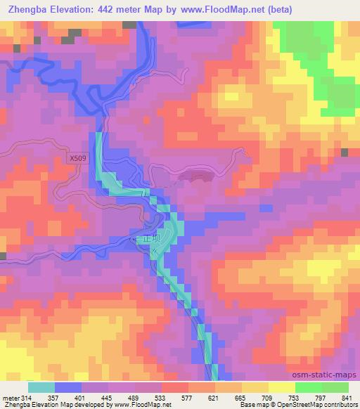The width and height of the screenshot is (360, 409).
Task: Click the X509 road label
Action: click(x=79, y=159)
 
